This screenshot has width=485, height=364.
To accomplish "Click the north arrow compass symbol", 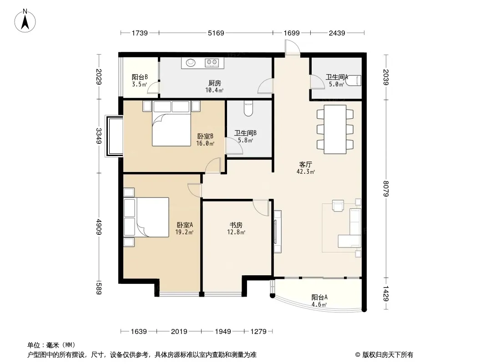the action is coord(25,20).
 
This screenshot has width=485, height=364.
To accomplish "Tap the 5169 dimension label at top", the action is coord(216,33).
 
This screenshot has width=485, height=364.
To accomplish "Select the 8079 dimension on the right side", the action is coord(386,189).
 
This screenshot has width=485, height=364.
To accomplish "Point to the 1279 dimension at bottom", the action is coord(258,332).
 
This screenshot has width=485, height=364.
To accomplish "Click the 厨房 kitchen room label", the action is coord(214,83).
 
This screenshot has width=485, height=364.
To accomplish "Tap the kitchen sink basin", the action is coord(191,63).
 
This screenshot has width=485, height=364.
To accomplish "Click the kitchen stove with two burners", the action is coord(212,63).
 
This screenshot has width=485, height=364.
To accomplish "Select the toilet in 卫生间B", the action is coord(248,108).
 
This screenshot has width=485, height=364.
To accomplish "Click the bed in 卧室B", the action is coord(171,124).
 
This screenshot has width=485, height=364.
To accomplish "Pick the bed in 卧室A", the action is coord(147,217).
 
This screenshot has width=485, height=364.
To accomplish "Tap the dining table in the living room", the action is coord(335,129).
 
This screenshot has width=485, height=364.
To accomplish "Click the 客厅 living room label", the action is coord(305,165).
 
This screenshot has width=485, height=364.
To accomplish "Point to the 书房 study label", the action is coord(236,225).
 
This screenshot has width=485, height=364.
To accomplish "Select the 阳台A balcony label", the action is coord(319,298).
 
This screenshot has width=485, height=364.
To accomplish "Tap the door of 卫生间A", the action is coord(318,81).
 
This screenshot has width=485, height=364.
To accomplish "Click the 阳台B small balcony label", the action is coord(140,77).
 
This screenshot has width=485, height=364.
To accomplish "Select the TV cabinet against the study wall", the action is coord(278,232).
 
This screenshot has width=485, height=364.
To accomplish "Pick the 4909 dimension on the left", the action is coord(99,227).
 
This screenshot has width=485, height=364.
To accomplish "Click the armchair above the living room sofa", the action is coord(338,206).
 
